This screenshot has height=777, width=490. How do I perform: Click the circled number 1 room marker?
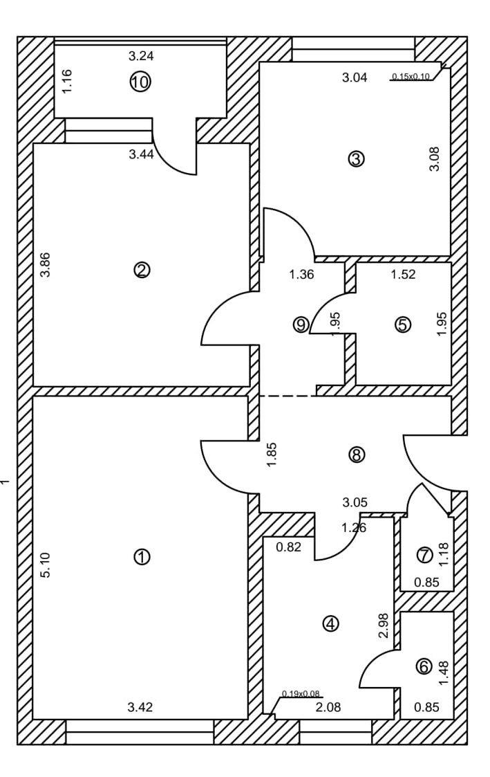click(141, 556)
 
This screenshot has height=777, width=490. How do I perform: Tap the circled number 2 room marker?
click(141, 271)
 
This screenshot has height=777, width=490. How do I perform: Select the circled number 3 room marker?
click(356, 159)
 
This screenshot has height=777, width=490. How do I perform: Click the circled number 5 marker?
click(403, 324)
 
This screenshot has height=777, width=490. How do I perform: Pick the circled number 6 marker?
click(424, 667)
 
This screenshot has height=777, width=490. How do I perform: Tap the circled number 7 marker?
click(424, 554)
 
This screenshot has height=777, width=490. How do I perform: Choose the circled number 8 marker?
click(357, 455)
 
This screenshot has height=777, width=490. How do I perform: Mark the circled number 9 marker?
click(301, 324)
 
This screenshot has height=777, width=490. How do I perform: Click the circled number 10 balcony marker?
click(140, 82)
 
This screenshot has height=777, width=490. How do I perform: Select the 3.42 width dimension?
click(140, 707)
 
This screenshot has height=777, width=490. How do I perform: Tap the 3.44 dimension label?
click(141, 155)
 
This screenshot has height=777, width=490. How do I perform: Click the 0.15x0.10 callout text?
click(411, 77)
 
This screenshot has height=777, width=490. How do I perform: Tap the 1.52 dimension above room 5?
click(403, 274)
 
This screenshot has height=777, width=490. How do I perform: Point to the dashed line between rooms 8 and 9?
click(287, 396)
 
